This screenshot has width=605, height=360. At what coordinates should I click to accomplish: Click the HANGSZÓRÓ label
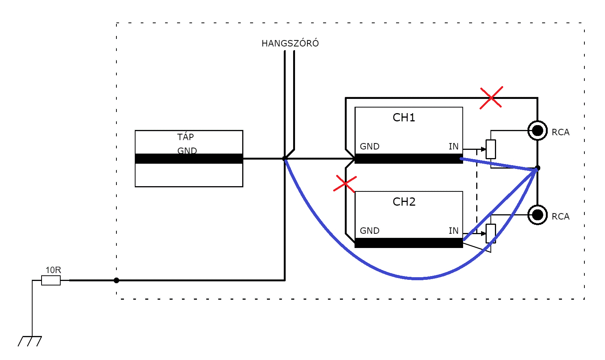[x=290, y=43]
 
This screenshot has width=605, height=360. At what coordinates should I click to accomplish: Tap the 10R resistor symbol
[x=51, y=280]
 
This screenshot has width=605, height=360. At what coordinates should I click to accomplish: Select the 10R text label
[x=53, y=270]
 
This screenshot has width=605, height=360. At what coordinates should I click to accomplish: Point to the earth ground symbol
[x=30, y=341]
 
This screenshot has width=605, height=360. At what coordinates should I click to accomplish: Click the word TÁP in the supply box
[x=186, y=137]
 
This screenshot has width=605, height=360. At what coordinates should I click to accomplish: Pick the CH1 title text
[x=404, y=118]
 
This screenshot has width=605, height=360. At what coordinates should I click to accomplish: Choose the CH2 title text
[x=404, y=202]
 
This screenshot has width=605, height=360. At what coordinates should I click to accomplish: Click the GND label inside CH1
[x=370, y=146]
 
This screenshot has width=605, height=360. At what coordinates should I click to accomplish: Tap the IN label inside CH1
[x=454, y=146]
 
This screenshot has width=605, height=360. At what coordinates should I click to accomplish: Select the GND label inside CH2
[x=370, y=231]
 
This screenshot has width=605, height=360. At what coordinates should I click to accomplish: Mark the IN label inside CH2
[x=454, y=231]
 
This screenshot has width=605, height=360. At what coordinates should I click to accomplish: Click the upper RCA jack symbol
[x=538, y=131]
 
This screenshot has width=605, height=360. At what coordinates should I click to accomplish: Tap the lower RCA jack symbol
[x=538, y=215]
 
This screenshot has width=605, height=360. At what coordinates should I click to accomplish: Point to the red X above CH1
[x=491, y=97]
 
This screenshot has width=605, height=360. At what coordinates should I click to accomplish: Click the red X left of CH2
[x=345, y=184]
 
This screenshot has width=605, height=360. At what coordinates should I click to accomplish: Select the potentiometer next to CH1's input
[x=491, y=149]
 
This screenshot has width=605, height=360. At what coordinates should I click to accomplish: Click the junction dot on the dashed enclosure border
[x=116, y=281]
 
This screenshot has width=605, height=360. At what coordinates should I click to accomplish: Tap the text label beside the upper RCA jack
[x=560, y=132]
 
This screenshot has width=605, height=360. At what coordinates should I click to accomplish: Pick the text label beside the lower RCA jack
[x=560, y=217]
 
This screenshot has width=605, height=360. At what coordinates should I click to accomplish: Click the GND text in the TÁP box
[x=187, y=151]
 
